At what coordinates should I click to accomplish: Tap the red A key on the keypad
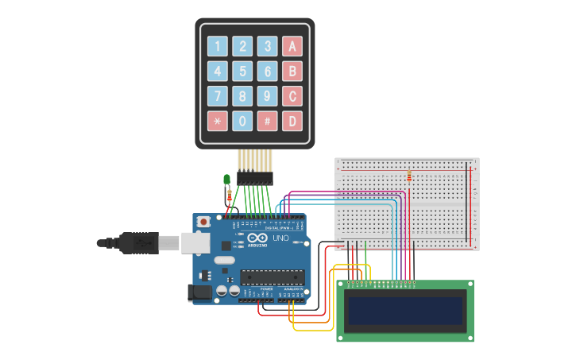(x=292, y=46)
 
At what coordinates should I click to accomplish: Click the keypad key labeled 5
(x=242, y=72)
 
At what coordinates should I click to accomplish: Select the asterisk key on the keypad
(x=217, y=121)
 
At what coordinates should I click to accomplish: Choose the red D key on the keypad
(x=292, y=121)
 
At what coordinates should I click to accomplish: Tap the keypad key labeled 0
(x=242, y=121)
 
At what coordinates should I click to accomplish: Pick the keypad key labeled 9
(x=268, y=96)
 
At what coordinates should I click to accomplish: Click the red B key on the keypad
(x=292, y=72)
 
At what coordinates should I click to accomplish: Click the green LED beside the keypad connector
(x=227, y=180)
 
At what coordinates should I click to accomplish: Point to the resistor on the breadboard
(x=409, y=176)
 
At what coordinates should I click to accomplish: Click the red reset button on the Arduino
(x=203, y=222)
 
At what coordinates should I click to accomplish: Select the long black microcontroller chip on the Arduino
(x=273, y=277)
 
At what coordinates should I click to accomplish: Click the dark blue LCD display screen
(x=405, y=311)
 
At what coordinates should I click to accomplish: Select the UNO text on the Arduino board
(x=280, y=238)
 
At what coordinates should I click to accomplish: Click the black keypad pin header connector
(x=254, y=179)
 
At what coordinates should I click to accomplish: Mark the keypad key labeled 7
(x=217, y=96)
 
